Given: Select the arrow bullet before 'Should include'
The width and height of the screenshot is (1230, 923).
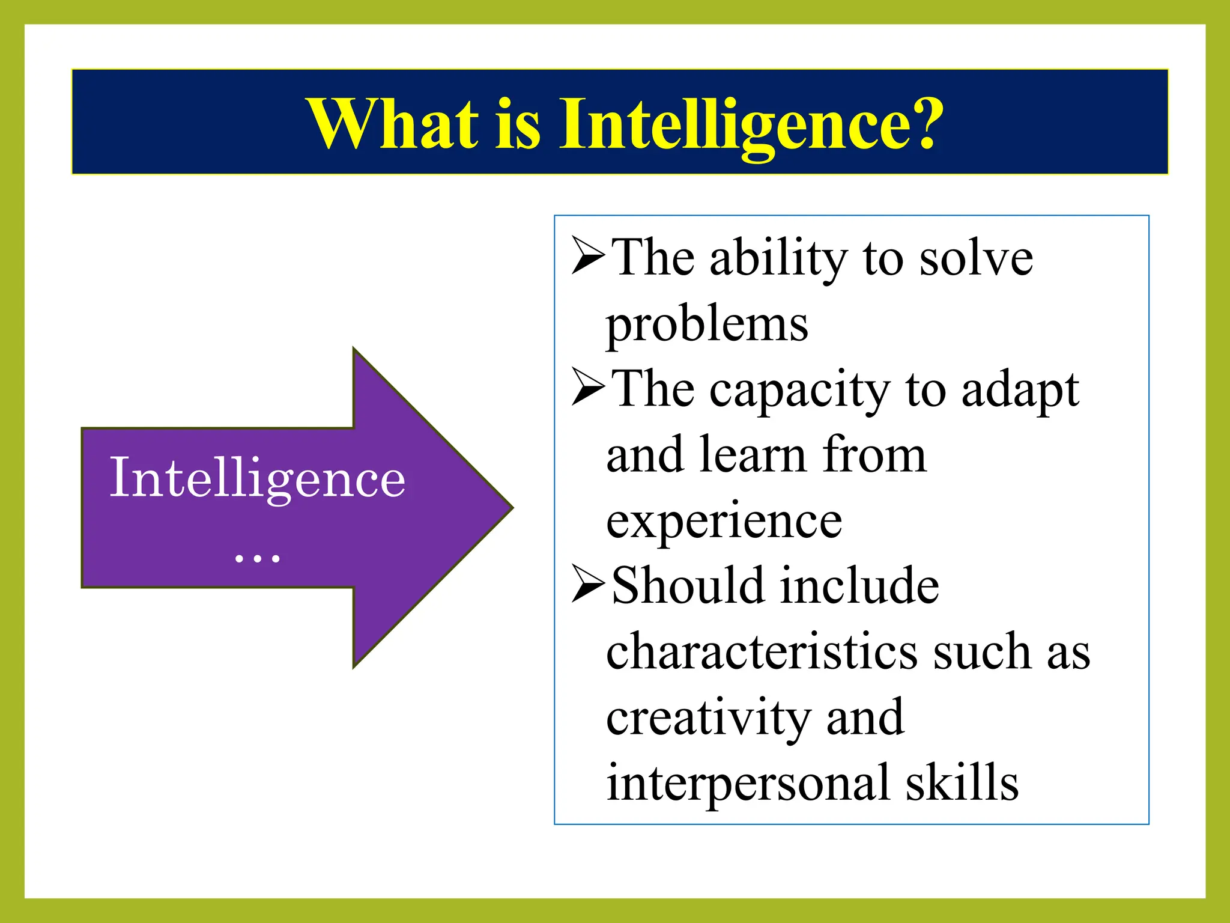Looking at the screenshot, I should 588,584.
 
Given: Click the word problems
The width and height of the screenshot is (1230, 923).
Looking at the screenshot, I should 707,324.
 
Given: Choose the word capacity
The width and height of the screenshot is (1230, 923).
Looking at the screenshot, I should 799,391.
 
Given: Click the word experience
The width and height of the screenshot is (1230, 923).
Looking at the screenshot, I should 724,520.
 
